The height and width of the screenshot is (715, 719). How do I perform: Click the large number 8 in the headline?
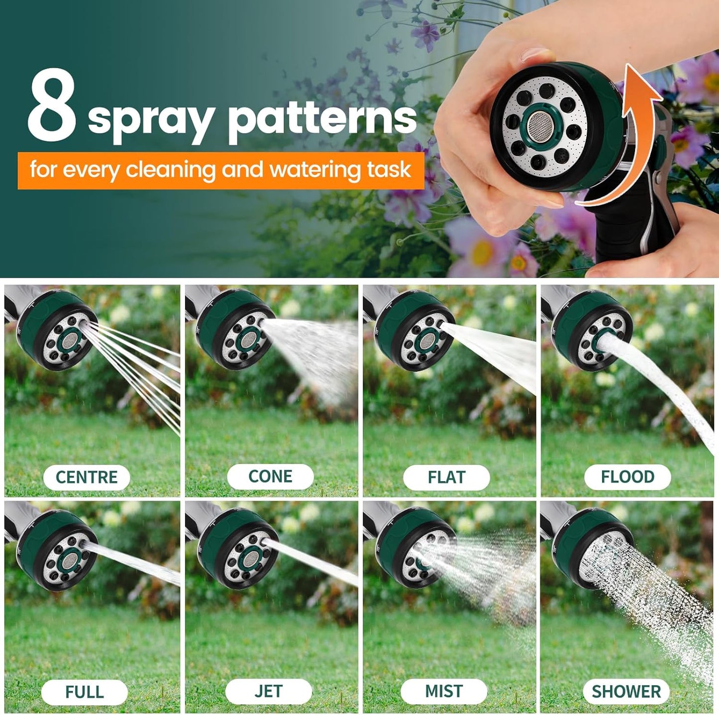52,106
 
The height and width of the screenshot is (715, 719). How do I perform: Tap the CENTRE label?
87,477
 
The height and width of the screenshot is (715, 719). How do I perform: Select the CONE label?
270,477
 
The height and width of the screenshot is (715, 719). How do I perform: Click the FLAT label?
446,477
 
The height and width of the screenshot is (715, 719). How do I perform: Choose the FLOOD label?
627,477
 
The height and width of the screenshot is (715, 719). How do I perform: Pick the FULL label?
85,692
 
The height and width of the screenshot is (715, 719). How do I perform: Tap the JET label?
269,692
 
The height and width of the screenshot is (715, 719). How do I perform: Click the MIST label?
444,692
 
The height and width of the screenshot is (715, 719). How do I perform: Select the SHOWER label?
626,692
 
